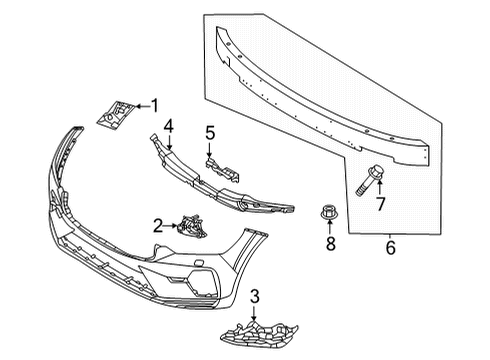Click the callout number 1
click(x=154, y=104)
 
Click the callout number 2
click(x=157, y=226)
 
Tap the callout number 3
click(x=254, y=297)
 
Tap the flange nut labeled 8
click(x=327, y=213)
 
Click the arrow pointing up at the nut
click(x=328, y=229)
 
